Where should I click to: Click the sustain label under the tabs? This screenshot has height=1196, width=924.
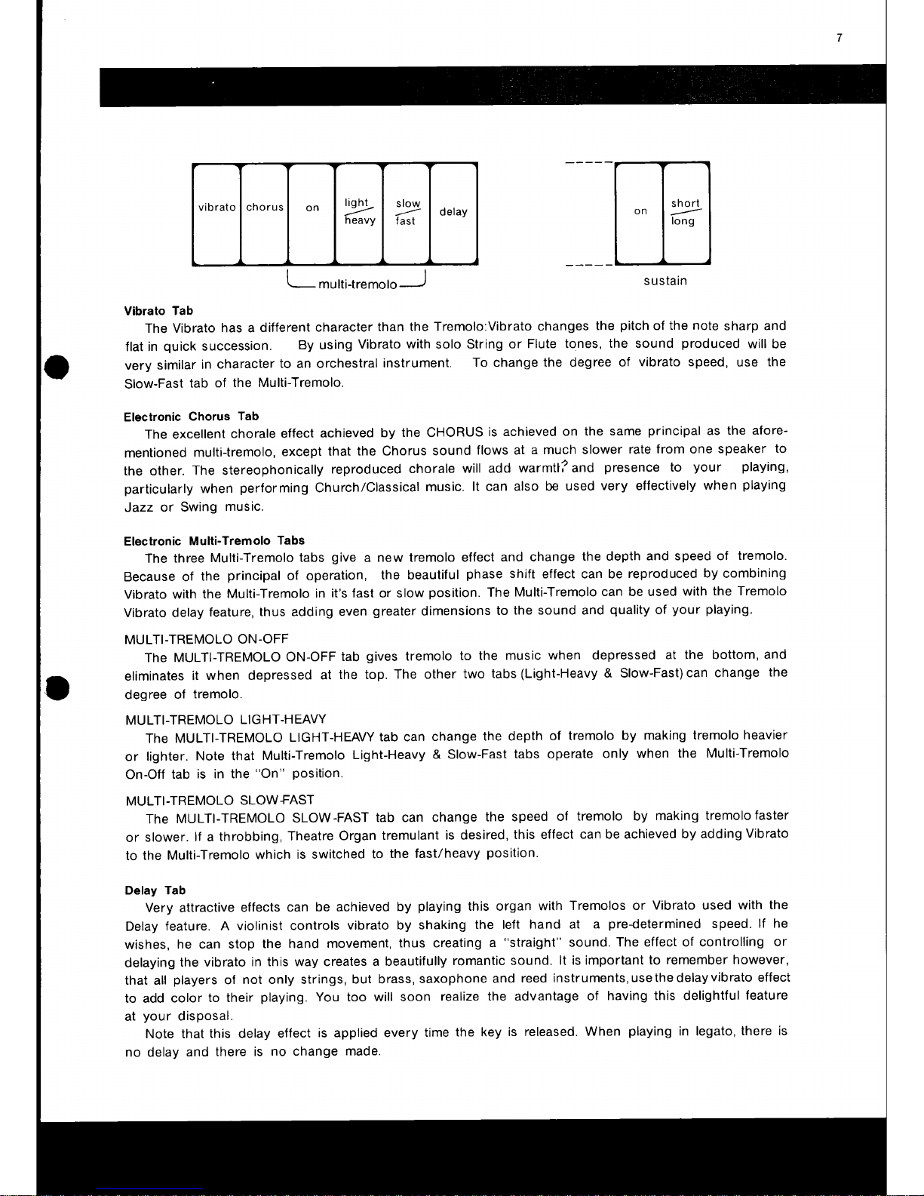(665, 281)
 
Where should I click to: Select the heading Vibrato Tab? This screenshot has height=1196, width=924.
(158, 311)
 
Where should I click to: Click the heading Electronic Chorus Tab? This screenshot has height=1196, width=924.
(191, 417)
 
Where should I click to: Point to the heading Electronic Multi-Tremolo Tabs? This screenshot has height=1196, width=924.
(214, 540)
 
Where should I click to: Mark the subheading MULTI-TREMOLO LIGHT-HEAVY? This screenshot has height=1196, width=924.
(226, 719)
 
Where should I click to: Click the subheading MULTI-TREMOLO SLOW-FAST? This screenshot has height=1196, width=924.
(219, 799)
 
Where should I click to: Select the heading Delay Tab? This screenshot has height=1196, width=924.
(155, 890)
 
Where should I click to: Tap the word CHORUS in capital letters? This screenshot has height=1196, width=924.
(455, 432)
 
